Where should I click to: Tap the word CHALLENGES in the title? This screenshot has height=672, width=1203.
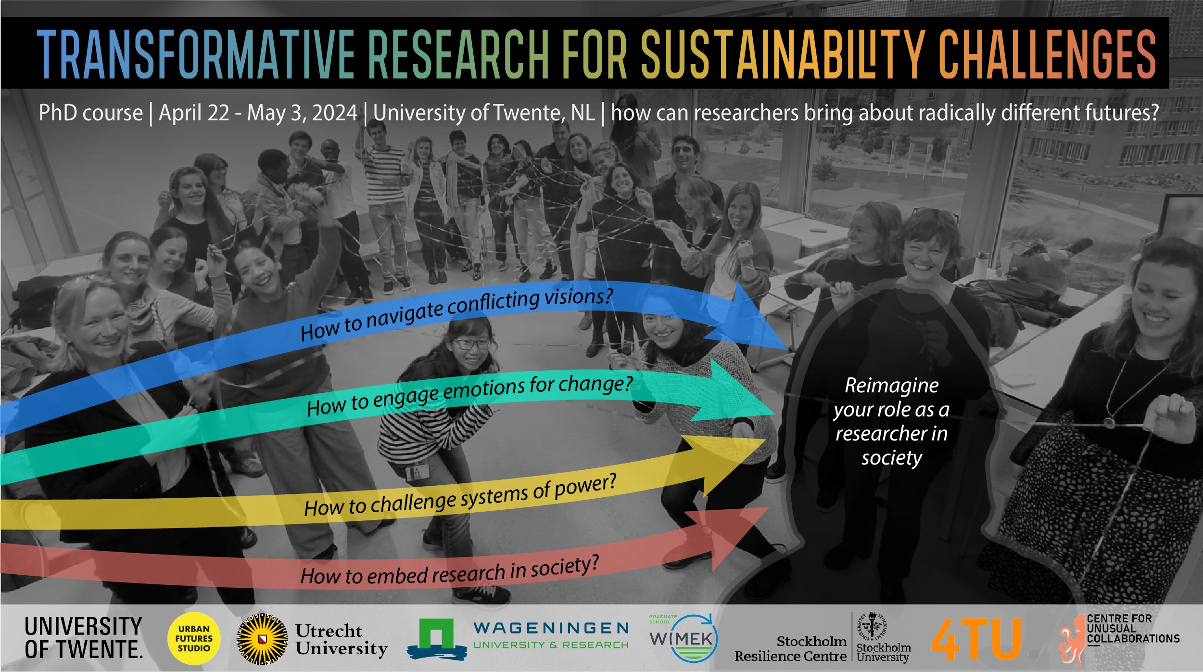tap(1047, 53)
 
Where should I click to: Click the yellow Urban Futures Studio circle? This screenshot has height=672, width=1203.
tap(194, 638)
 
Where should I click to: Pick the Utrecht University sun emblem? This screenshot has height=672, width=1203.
tap(263, 639)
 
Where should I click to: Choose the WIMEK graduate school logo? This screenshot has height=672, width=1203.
tap(683, 638)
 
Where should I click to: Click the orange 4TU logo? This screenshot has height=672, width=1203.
tap(976, 639)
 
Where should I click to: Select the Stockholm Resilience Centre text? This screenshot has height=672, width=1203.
tap(791, 648)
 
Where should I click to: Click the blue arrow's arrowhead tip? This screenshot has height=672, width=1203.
tap(788, 349)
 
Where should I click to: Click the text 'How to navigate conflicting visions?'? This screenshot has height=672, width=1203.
tap(457, 314)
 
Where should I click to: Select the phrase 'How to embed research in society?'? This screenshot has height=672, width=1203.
tap(450, 570)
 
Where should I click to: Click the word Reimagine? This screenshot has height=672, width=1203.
tap(891, 386)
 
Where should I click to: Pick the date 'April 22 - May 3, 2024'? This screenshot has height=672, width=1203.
tap(258, 113)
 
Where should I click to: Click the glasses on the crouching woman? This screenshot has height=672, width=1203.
tap(471, 344)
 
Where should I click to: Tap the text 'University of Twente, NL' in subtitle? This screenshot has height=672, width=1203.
tap(484, 113)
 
